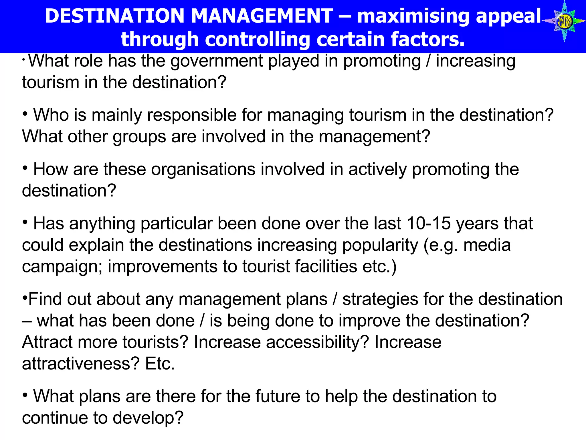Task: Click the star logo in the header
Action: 564,21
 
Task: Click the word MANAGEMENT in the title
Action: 262,16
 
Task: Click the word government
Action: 217,61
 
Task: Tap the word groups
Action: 139,136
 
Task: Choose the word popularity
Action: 380,245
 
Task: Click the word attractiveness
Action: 80,364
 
